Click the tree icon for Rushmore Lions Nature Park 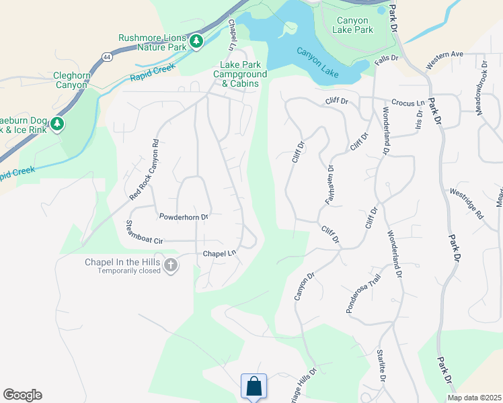pos(196,42)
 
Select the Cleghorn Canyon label pos(72,81)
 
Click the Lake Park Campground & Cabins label pos(239,74)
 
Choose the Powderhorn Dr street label pos(184,217)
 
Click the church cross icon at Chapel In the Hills pos(170,265)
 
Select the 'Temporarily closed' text pos(129,271)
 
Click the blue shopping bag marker pos(254,387)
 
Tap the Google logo pos(22,395)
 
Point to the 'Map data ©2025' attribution pos(473,398)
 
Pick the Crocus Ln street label pos(408,103)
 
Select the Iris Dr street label pos(418,120)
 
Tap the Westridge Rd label pos(467,204)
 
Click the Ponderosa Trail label pos(363,294)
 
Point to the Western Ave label pos(444,60)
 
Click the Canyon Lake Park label pos(353,26)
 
